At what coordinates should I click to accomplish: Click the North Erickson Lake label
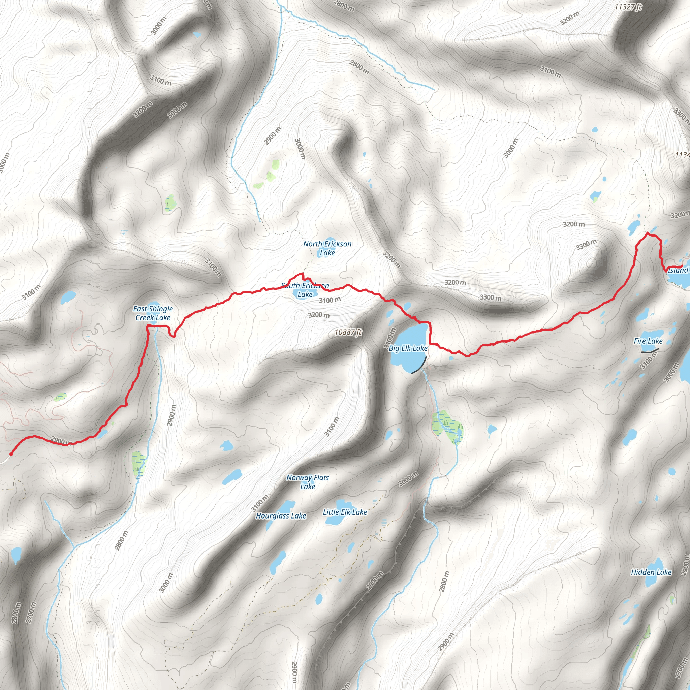(x=327, y=248)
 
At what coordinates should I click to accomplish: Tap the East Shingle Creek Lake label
(x=153, y=313)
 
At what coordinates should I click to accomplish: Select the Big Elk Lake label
(x=408, y=348)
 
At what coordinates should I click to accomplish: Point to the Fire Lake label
(x=648, y=341)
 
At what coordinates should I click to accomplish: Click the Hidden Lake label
(x=651, y=572)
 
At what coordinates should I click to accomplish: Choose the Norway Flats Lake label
(x=308, y=482)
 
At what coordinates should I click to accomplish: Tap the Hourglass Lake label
(x=281, y=516)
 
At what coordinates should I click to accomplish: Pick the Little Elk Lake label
(x=345, y=512)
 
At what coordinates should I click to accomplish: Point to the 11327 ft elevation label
(x=628, y=7)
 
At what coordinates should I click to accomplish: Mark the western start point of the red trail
(x=11, y=454)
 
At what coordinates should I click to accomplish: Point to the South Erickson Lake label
(x=305, y=290)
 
